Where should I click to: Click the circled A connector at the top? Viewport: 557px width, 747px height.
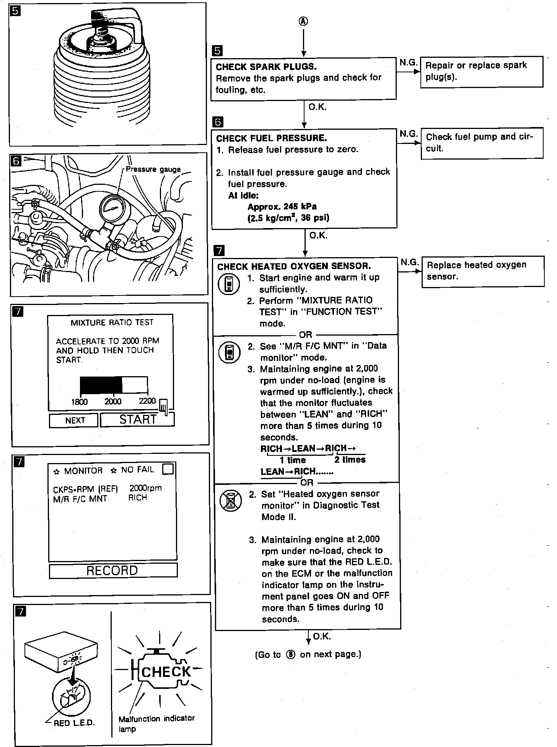click(303, 21)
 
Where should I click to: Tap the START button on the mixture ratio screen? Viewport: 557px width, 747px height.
click(137, 419)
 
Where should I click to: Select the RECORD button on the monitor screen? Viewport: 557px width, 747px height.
click(113, 570)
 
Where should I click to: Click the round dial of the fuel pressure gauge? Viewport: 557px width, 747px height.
click(114, 209)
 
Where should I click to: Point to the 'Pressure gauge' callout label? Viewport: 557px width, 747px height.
click(153, 169)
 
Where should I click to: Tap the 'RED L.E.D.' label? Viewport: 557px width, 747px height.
click(74, 723)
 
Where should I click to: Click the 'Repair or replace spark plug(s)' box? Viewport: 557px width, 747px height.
click(481, 72)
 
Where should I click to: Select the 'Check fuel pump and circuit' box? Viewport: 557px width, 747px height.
click(481, 143)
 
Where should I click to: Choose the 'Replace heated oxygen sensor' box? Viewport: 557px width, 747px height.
click(482, 271)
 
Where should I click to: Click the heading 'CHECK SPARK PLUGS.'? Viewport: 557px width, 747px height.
click(266, 67)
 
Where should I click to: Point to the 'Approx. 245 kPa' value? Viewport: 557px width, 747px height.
click(282, 207)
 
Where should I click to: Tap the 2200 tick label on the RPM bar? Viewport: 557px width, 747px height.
click(147, 401)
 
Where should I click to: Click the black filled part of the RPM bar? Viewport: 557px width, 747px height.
click(101, 385)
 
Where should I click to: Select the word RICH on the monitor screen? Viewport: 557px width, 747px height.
click(138, 498)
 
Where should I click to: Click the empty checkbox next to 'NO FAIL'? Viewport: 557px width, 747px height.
click(168, 469)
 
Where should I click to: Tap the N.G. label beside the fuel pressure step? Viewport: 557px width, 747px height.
click(409, 134)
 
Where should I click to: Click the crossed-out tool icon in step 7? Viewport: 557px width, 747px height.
click(231, 501)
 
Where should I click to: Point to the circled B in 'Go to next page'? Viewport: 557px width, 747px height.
click(291, 654)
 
